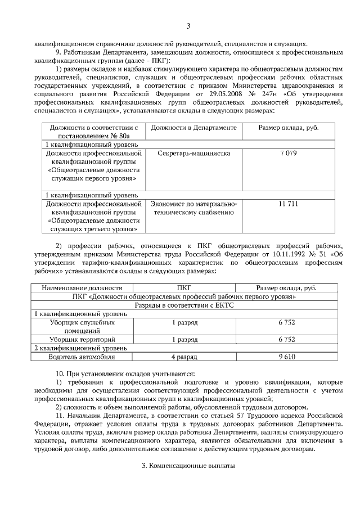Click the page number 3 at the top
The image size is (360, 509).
tap(188, 26)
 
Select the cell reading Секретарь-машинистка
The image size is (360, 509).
tap(193, 153)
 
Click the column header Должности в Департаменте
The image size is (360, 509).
tap(193, 128)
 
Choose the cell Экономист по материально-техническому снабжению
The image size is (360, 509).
tap(193, 208)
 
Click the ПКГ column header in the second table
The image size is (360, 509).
tap(184, 287)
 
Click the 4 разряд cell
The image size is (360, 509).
tap(184, 357)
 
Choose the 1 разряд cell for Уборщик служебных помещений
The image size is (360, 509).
tap(184, 322)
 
